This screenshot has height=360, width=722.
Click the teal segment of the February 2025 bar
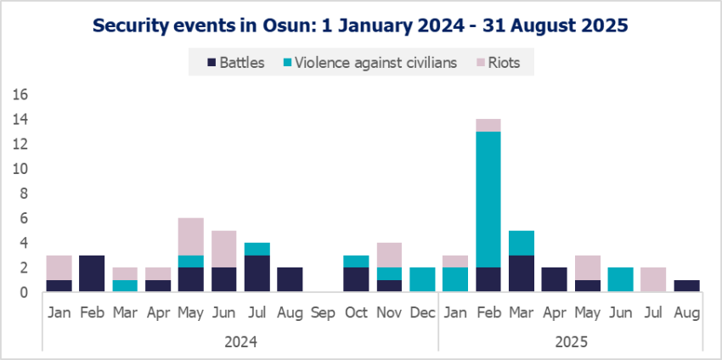click(x=488, y=200)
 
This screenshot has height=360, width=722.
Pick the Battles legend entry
click(x=237, y=62)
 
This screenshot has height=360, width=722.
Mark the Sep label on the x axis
click(x=323, y=314)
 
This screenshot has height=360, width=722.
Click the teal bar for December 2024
click(x=422, y=279)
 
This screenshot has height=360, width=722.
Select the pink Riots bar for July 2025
click(x=653, y=279)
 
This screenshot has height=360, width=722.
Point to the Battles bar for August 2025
click(x=686, y=286)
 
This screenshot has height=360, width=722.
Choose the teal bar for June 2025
click(x=620, y=279)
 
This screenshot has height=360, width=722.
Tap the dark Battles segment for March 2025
click(x=521, y=273)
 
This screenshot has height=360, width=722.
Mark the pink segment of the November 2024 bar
click(x=389, y=255)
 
